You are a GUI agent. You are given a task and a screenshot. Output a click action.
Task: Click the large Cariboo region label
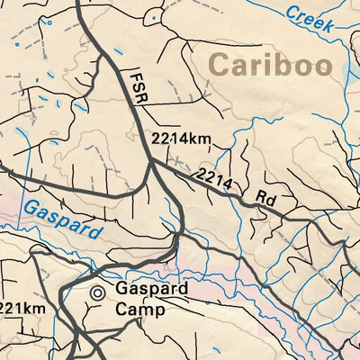pos(269,66)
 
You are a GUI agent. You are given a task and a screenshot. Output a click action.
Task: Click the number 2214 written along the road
pos(216,179)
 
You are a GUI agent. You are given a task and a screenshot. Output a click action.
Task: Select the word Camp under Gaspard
pos(139,310)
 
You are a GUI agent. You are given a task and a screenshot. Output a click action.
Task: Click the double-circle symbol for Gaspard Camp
pos(98,292)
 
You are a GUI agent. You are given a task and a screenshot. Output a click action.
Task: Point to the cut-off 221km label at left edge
pos(17,309)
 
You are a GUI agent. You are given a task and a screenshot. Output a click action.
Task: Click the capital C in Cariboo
pos(218,66)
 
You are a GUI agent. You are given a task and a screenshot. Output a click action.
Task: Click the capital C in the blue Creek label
pos(292,12)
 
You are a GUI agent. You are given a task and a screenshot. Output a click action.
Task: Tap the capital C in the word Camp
pos(121,310)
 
